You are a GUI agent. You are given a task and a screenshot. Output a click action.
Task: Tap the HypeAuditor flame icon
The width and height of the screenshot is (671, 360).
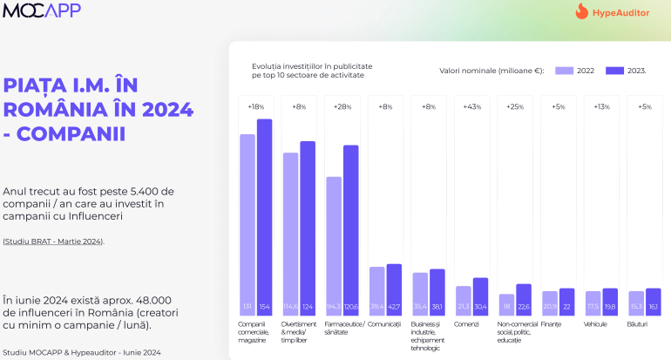582,12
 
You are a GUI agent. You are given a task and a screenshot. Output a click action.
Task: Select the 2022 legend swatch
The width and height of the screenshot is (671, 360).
563,71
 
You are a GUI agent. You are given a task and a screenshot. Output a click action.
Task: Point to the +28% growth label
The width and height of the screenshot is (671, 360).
342,106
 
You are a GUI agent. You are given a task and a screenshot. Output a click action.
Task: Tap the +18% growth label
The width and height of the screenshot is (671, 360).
256,106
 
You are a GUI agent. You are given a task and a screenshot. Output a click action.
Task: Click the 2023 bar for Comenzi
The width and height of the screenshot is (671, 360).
480,295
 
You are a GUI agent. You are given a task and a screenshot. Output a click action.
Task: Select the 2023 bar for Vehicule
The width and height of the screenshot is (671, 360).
609,301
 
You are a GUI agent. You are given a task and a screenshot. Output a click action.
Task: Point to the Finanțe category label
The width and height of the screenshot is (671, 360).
551,324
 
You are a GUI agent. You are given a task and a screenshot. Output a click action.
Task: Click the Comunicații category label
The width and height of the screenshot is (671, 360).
384,324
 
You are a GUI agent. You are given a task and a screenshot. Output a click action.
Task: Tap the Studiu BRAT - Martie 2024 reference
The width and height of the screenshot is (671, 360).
53,241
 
